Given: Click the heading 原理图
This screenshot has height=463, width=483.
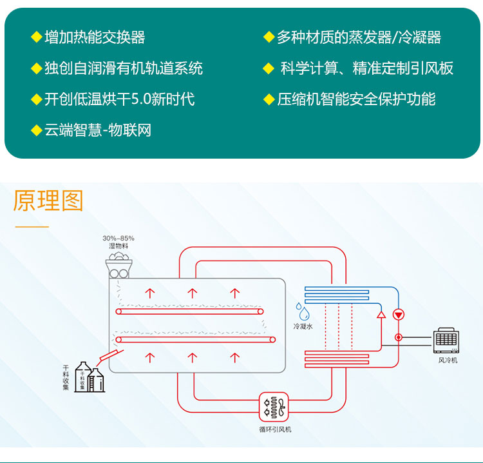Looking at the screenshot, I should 48,201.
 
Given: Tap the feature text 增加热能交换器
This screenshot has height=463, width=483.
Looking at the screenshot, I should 95,37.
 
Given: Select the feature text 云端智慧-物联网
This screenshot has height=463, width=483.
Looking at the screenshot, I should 97,130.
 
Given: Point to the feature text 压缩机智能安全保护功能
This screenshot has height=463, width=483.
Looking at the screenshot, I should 356,99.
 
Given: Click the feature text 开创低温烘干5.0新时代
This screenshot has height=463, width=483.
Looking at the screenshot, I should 119,99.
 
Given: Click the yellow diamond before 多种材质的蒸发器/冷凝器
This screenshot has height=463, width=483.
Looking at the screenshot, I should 269,37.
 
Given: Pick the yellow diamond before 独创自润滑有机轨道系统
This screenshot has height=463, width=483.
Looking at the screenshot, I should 36,68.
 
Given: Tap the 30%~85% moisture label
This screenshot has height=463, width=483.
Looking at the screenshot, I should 118,239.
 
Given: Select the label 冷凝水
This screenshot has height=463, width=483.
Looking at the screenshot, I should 303,327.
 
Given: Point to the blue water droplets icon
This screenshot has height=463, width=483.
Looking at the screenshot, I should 302,312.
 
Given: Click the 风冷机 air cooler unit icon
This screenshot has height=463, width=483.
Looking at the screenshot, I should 447,341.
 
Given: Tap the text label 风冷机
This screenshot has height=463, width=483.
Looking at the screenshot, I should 448,360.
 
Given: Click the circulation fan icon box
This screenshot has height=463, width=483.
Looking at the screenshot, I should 274,408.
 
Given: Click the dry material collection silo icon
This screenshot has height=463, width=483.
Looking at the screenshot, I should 90,378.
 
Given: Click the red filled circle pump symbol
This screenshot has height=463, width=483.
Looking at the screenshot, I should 399,315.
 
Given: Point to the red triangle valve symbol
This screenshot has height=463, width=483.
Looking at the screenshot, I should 381,315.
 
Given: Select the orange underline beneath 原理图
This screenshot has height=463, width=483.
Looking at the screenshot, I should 32,226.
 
